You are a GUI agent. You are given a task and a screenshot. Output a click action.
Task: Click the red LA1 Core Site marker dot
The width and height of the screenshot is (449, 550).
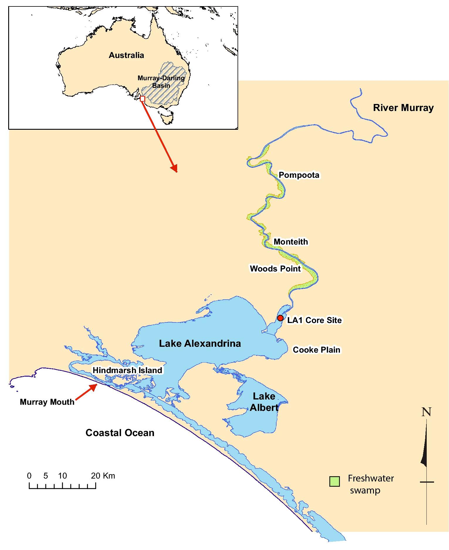(280, 318)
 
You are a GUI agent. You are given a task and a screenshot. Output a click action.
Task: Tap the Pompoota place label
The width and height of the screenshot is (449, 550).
(299, 175)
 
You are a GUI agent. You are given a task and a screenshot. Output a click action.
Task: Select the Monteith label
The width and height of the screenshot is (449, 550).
(291, 242)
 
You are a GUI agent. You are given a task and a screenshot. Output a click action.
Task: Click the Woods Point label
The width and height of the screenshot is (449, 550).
(275, 269)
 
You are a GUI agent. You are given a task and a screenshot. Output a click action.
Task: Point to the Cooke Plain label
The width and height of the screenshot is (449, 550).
(316, 350)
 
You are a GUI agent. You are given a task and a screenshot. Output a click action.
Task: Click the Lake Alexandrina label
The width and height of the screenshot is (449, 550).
(200, 343)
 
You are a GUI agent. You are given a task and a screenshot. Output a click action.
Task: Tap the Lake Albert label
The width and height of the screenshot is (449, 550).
(264, 402)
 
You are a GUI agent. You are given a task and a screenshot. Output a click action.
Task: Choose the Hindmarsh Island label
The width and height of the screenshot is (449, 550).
(127, 370)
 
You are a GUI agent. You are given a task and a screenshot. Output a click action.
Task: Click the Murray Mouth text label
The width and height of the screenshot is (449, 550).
(47, 402)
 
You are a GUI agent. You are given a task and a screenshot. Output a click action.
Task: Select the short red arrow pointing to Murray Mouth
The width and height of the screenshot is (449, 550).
(87, 392)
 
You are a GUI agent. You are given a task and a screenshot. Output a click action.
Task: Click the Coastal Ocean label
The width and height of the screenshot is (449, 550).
(120, 433)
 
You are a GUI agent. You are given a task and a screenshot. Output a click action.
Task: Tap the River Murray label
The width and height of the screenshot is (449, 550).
(403, 108)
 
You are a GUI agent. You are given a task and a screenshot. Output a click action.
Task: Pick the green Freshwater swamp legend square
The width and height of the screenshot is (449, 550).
(334, 481)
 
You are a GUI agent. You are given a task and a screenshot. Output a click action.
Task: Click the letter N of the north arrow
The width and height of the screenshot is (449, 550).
(426, 412)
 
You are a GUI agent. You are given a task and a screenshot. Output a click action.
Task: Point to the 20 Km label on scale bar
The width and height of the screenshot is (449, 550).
(103, 476)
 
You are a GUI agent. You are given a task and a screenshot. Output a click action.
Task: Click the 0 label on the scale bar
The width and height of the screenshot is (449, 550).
(29, 476)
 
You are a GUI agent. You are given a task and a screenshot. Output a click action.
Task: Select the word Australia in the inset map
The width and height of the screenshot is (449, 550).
(126, 55)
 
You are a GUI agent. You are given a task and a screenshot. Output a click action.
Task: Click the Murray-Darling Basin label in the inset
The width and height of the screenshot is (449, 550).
(161, 82)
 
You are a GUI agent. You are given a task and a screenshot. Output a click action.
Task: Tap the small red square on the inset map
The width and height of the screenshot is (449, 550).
(143, 99)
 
